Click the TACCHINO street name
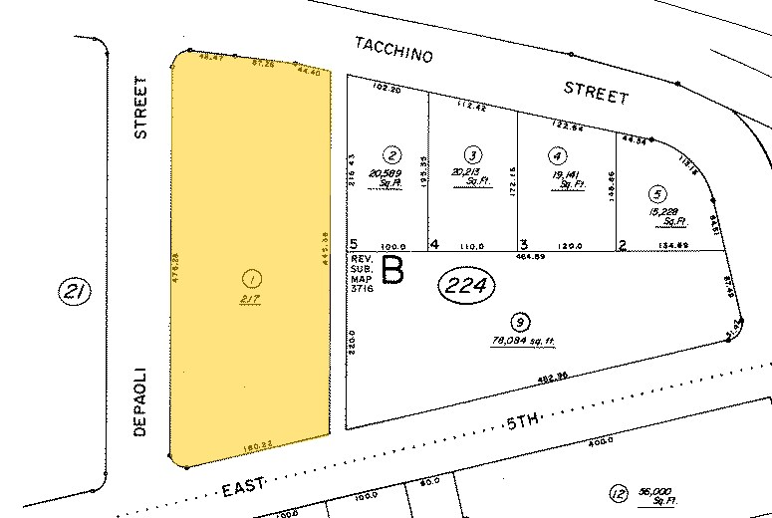(394, 51)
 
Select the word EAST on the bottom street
(242, 487)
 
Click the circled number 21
(76, 293)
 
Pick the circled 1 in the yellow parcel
(250, 275)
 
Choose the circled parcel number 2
(392, 154)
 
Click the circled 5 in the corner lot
(654, 193)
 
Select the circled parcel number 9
(518, 321)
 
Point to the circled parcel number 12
(618, 492)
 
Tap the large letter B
(392, 272)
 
